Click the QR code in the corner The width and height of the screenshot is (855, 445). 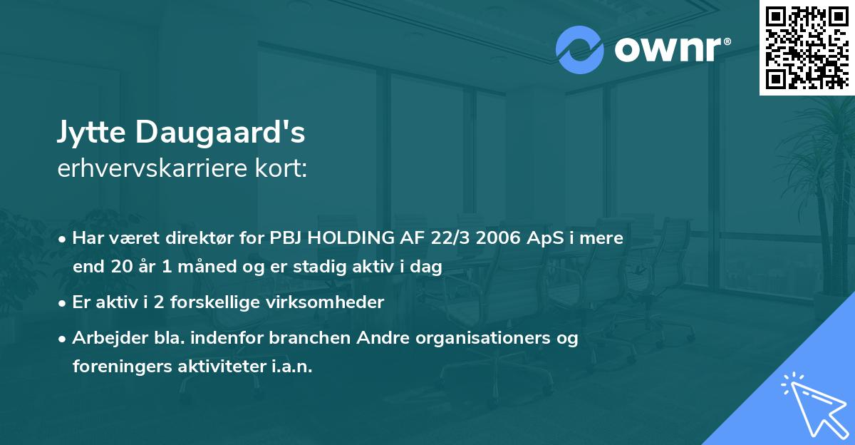coord(807,48)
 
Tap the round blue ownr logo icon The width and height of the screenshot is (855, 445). coord(580,50)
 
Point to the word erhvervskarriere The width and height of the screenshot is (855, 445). coord(161,168)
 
